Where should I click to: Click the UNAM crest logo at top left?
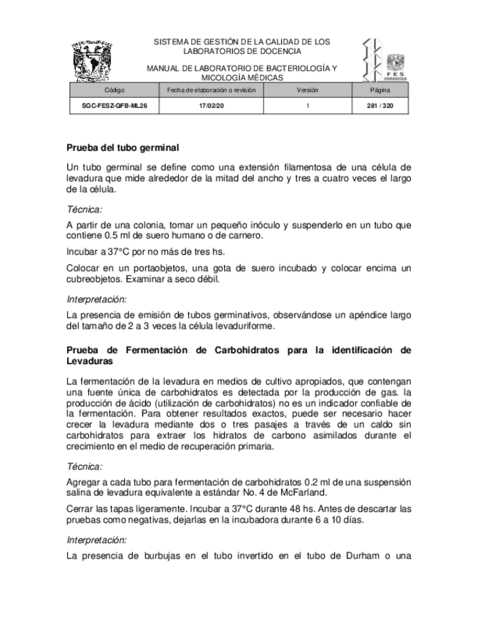(x=93, y=61)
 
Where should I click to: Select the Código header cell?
(x=115, y=90)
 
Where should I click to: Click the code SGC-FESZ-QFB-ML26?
(x=115, y=106)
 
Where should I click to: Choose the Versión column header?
(x=307, y=90)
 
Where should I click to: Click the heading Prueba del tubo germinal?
(x=123, y=147)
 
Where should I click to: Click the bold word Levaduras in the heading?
(x=90, y=361)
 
